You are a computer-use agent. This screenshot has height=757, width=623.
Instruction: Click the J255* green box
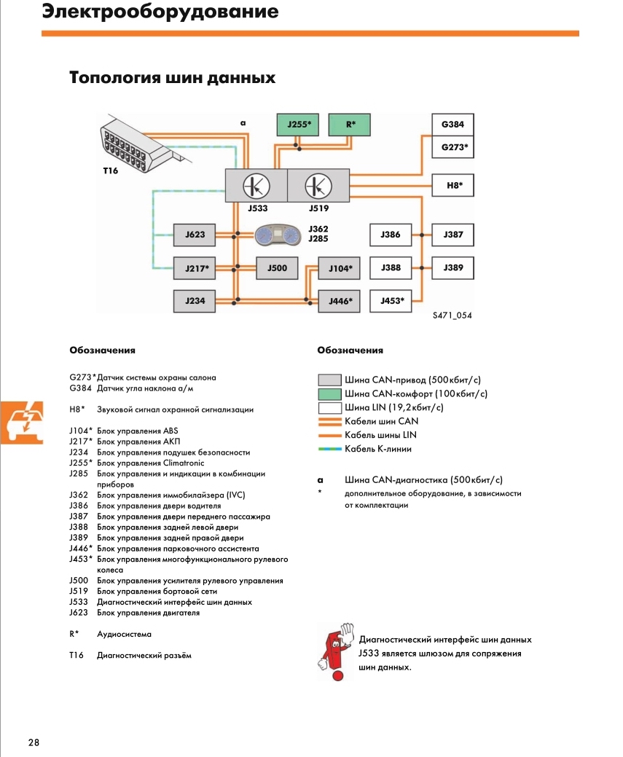point(298,125)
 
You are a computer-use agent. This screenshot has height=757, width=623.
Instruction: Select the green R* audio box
point(350,125)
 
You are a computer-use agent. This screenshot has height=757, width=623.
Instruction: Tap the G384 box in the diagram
point(452,125)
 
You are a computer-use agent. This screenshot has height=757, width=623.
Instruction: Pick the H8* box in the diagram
point(452,186)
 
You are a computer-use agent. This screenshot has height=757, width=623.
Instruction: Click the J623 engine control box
point(195,235)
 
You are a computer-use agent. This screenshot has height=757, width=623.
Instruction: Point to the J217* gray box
point(195,268)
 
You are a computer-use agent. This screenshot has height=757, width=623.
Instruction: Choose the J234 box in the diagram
point(195,300)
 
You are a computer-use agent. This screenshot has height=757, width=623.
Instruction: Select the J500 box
point(277,268)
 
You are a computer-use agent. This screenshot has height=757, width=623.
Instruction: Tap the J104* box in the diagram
point(340,269)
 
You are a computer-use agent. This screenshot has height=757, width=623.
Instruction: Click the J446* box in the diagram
point(340,300)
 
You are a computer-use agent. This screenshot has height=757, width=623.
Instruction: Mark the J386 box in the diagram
point(391,235)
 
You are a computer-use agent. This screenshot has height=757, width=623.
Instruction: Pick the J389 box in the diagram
point(452,268)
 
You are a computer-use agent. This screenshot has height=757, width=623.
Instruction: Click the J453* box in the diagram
point(391,300)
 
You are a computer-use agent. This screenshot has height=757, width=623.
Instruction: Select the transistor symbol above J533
point(255,186)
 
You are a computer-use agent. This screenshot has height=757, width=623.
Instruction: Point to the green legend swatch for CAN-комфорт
point(329,394)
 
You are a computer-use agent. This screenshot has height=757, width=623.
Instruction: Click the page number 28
point(34,742)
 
